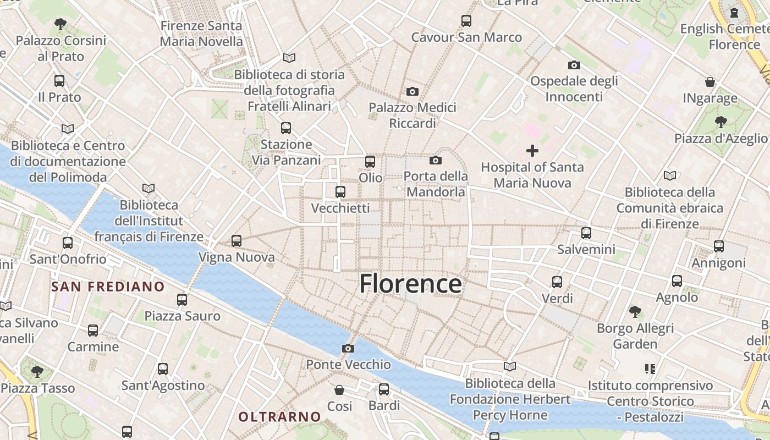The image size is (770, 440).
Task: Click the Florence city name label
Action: point(410,284)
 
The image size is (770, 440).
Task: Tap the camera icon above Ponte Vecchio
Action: point(348,348)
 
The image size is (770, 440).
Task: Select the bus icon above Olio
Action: point(370,162)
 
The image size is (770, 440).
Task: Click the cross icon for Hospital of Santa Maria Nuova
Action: point(532,150)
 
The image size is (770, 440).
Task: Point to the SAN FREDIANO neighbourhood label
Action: point(108,287)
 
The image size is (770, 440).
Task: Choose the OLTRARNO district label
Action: point(279,417)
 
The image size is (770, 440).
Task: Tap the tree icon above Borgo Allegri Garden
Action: point(635,312)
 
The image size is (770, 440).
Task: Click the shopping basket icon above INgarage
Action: point(710,82)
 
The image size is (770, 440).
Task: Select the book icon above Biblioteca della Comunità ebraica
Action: point(669,176)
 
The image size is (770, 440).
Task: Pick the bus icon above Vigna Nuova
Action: point(237,240)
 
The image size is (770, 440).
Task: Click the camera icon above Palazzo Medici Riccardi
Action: point(412,91)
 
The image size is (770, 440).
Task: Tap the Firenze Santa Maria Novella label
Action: point(201,34)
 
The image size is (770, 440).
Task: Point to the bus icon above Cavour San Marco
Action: point(466,21)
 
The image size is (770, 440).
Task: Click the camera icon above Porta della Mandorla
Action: point(436,160)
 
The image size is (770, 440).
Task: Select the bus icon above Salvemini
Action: point(586,233)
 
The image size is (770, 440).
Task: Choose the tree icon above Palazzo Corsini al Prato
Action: point(61,24)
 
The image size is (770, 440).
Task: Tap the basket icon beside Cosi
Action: point(340,390)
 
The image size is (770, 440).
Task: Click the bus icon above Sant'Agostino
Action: point(163,369)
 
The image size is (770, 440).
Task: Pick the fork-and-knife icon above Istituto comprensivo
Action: point(650,369)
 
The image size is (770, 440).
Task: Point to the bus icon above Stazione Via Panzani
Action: point(286,128)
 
